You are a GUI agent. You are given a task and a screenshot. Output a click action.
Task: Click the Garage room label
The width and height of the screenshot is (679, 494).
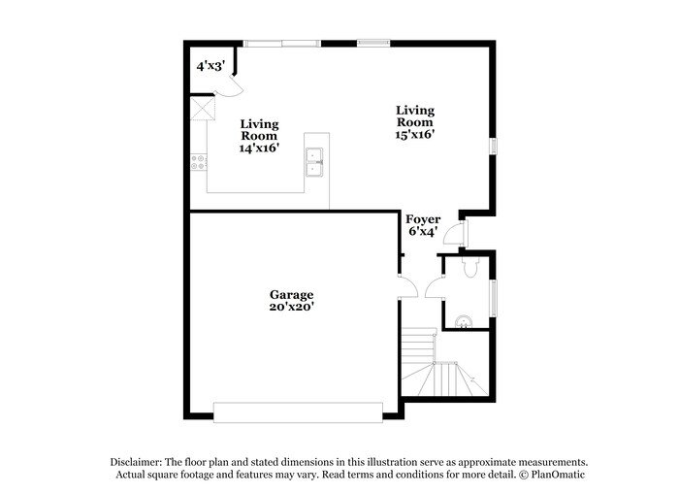pyautogui.click(x=291, y=293)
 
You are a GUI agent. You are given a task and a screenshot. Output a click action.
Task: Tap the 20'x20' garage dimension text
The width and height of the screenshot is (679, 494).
pyautogui.click(x=291, y=306)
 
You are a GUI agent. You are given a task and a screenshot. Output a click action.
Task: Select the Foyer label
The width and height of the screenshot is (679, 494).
pyautogui.click(x=423, y=219)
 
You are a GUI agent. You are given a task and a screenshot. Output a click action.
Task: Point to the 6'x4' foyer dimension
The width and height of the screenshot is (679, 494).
pyautogui.click(x=423, y=232)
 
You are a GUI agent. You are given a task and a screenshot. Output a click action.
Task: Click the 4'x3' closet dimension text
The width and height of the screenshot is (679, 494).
pyautogui.click(x=210, y=66)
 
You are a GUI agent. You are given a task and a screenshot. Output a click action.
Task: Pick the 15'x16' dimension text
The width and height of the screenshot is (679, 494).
pyautogui.click(x=414, y=135)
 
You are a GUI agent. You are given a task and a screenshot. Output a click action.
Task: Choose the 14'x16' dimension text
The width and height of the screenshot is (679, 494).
pyautogui.click(x=259, y=148)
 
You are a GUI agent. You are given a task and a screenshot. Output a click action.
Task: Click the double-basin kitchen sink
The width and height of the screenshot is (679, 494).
pyautogui.click(x=315, y=161)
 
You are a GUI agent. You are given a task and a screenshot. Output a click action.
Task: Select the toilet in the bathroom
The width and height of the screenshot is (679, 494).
pyautogui.click(x=470, y=268)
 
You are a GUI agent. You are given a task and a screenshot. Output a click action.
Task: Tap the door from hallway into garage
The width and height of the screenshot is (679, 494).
pyautogui.click(x=408, y=285)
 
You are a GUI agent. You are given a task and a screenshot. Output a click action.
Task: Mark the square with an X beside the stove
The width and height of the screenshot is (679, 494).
pyautogui.click(x=202, y=108)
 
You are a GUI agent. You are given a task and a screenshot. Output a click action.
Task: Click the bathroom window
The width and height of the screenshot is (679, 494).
pyautogui.click(x=493, y=297)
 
